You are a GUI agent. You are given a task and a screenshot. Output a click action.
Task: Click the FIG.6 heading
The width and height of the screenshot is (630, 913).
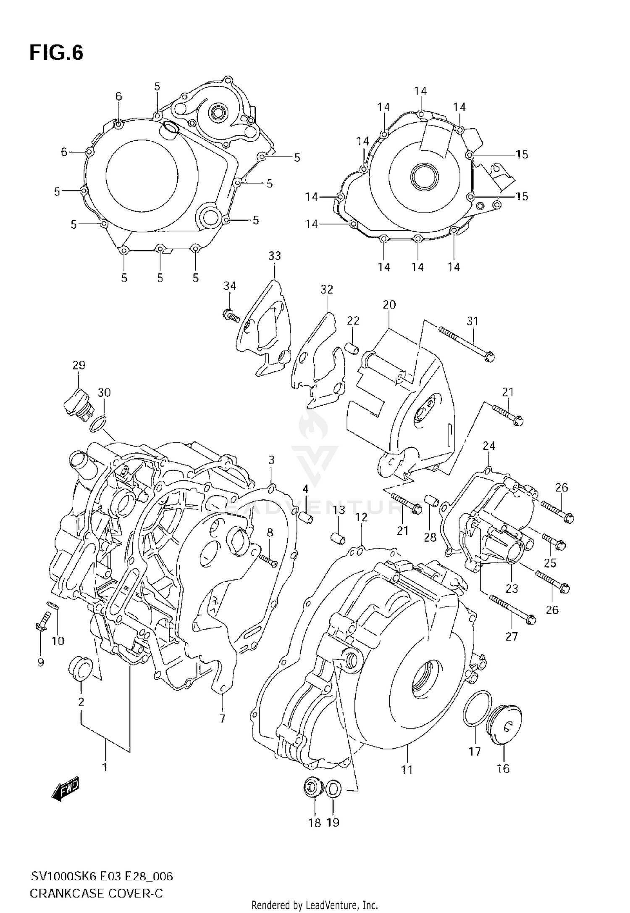click(x=56, y=53)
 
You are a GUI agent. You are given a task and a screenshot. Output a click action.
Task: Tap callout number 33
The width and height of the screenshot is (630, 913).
click(x=274, y=256)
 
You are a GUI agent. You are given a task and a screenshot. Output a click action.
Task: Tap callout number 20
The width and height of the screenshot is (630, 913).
click(x=389, y=304)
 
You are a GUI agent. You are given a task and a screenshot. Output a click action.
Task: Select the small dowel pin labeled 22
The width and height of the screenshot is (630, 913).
click(x=352, y=349)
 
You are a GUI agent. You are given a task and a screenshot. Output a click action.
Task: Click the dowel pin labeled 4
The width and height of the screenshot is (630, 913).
click(x=307, y=517)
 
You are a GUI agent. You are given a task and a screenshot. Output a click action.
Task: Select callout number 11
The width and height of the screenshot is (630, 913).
click(x=407, y=770)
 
